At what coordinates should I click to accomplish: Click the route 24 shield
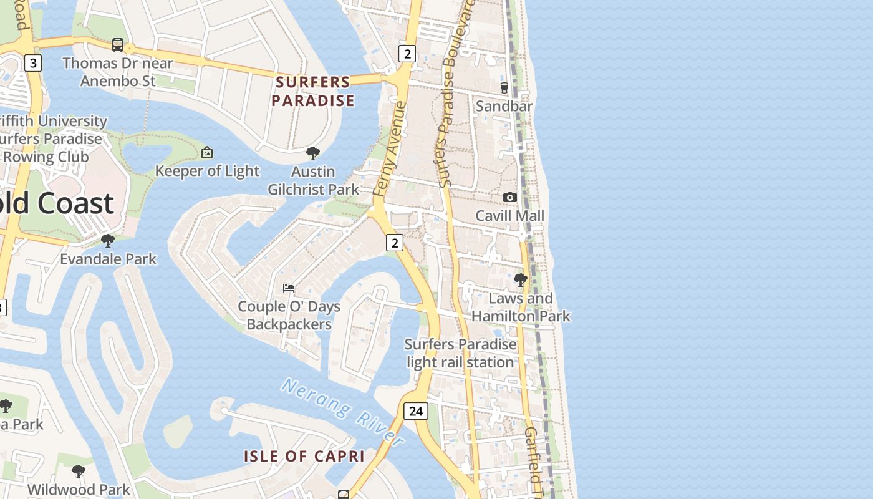point(415,411)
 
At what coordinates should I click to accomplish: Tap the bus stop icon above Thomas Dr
point(117,45)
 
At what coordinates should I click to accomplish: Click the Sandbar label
point(504,106)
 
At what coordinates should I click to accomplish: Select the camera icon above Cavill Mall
point(509,197)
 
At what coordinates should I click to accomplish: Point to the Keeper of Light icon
point(207,152)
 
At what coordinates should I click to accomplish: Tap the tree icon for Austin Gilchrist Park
point(313,153)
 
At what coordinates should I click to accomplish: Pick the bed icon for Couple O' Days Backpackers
point(289,288)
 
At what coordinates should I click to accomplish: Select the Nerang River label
point(342,410)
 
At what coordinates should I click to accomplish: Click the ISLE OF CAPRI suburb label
point(304,456)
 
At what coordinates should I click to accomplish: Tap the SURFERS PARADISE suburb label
point(313,91)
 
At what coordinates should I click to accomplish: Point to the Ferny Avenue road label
point(390,150)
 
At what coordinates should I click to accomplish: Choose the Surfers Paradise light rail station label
point(460,353)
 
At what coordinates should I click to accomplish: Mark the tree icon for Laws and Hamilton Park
point(520,280)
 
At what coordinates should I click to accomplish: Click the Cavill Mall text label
point(509,216)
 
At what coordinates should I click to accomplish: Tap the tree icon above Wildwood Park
point(78,472)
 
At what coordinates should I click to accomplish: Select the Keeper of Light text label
point(207,171)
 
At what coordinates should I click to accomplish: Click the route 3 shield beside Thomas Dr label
point(33,62)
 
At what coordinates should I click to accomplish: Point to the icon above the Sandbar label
point(504,88)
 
